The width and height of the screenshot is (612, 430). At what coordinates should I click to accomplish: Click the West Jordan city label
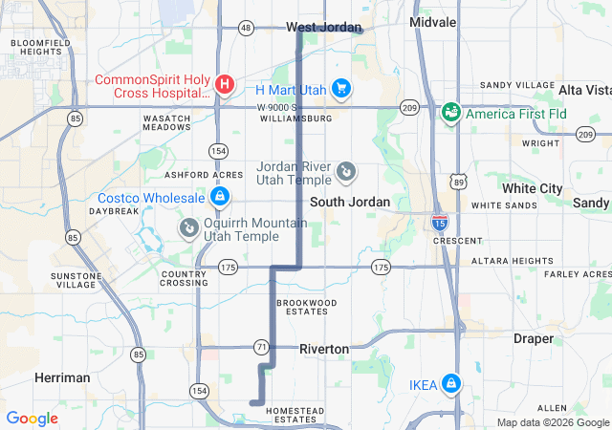point(324,27)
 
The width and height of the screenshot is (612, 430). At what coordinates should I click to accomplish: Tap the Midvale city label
point(432,21)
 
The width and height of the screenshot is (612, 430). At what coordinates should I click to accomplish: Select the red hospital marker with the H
point(224,85)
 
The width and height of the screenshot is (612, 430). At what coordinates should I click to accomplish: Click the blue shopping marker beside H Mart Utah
point(341,89)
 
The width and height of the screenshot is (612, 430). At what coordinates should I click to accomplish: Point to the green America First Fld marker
point(450,113)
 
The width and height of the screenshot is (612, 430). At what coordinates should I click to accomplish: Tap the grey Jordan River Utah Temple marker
point(346,173)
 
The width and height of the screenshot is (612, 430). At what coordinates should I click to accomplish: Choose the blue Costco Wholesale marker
point(220,197)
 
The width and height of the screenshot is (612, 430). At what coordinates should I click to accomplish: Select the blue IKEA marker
point(450,384)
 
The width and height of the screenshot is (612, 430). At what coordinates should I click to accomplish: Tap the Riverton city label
point(324,349)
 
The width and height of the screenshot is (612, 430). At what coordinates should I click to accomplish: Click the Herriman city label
point(62,377)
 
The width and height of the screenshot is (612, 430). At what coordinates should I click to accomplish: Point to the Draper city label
point(533,338)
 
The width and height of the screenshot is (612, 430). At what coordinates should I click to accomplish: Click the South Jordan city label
point(350,202)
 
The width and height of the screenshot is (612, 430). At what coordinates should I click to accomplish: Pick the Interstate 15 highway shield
point(439,224)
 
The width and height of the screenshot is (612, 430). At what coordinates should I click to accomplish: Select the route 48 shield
point(247,28)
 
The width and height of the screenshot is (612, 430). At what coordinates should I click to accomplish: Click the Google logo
point(32,419)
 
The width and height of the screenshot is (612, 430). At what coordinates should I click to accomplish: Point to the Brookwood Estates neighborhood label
point(307,307)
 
